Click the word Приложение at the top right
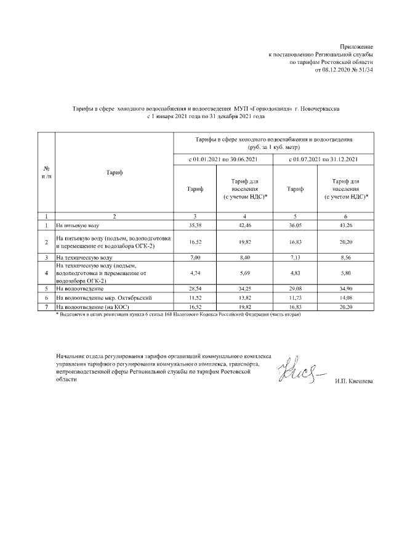357,47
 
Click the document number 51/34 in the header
364,70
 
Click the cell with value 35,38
196,226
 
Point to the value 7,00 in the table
196,257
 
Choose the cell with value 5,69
245,271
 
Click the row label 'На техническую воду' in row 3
84,257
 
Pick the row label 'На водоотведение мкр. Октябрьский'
103,297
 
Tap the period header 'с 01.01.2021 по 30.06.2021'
220,161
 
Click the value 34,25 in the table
245,288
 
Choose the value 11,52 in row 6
196,297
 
